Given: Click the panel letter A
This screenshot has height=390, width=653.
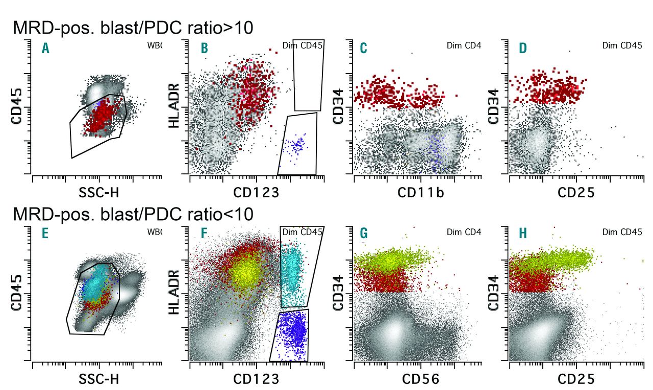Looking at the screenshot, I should coord(46,49).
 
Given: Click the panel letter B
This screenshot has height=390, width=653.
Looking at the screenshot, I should coord(204,49).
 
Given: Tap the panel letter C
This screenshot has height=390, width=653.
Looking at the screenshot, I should coord(364,49).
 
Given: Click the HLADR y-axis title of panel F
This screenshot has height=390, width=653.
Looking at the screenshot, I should coord(175,295).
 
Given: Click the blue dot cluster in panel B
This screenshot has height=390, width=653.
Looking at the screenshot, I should coord(296,146).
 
